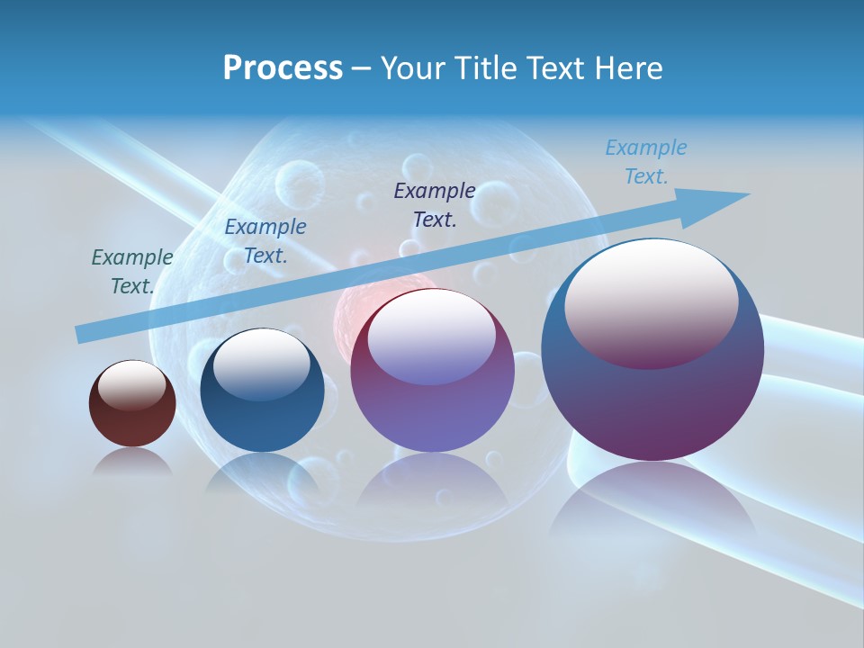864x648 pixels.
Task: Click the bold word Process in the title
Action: click(x=283, y=68)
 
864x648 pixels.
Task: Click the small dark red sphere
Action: click(x=132, y=418)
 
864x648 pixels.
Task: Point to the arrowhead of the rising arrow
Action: click(x=724, y=202)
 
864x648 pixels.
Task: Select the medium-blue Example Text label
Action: click(x=265, y=241)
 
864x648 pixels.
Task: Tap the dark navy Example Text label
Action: click(x=435, y=205)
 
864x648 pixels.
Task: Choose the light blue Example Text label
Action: click(x=646, y=162)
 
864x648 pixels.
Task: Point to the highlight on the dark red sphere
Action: click(x=132, y=384)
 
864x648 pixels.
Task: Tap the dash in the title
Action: click(x=361, y=68)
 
